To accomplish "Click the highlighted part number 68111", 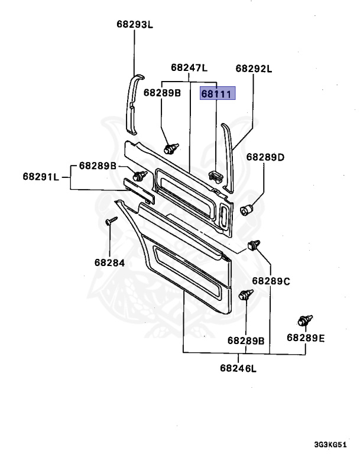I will (218, 93).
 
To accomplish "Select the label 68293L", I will (134, 24).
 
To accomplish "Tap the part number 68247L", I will (189, 68).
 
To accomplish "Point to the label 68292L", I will (254, 68).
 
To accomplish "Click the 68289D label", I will (265, 157).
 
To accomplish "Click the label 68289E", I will (306, 338).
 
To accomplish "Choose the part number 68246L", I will (239, 368).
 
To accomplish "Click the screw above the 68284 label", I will (111, 222).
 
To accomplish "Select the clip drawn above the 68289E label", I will (304, 321).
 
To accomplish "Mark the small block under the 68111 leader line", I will (216, 174).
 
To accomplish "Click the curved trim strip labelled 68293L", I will (134, 103).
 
